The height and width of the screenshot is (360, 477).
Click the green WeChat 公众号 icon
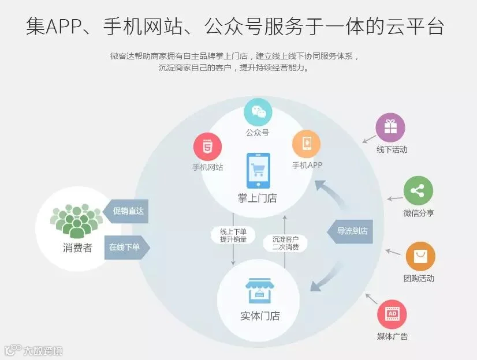pos(258,113)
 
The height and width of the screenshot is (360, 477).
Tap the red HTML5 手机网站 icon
pos(208,147)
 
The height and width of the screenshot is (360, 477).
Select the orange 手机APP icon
pos(306,144)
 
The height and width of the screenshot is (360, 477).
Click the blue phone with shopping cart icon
pos(258,171)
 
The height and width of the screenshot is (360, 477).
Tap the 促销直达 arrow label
pos(126,212)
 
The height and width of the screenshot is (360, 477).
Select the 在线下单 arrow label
pos(126,247)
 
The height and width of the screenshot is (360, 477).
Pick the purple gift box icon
pos(390,127)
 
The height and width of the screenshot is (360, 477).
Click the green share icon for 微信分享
pos(418,191)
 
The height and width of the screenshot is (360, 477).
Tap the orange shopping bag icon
pos(420,256)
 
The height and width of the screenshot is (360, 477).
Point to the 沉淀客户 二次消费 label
pos(285,243)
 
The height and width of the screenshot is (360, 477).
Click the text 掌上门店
pos(258,198)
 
